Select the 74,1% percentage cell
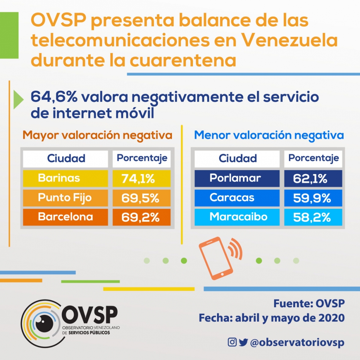click(x=142, y=179)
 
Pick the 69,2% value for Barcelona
click(x=142, y=217)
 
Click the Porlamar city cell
click(x=237, y=178)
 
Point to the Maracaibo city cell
click(x=237, y=217)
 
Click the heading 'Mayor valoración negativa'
click(x=98, y=135)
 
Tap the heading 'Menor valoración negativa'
click(x=269, y=135)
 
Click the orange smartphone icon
click(x=216, y=258)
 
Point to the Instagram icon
click(x=232, y=342)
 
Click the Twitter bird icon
click(x=243, y=342)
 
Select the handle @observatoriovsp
click(x=297, y=343)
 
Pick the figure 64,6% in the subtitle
click(x=54, y=97)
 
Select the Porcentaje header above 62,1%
click(x=314, y=158)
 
